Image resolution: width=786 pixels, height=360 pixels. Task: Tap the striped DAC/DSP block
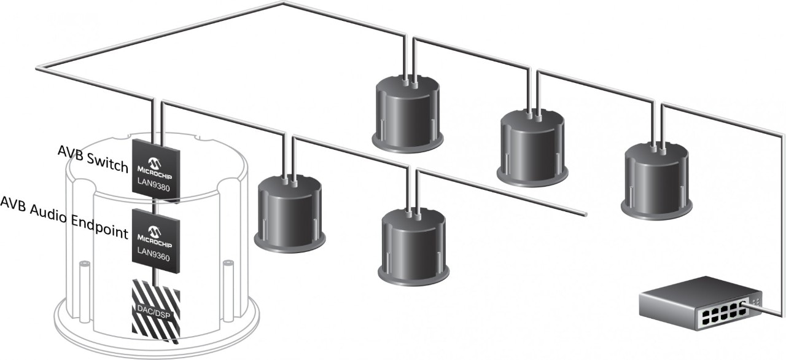[x=156, y=311]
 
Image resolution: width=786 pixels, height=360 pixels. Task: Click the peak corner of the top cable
[x=283, y=4]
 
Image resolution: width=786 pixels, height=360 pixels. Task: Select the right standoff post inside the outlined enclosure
[x=227, y=289]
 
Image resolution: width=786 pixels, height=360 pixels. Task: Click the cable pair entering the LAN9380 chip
[x=156, y=120]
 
